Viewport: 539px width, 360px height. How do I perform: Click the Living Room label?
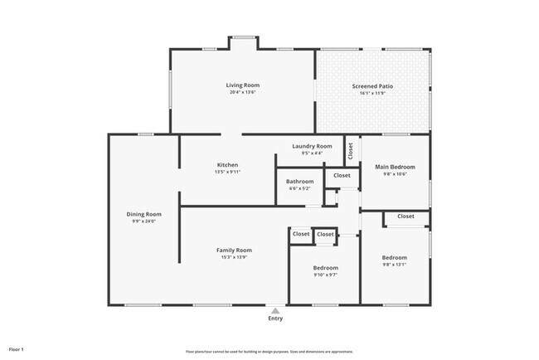pyautogui.click(x=243, y=85)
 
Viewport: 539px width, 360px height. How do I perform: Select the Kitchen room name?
pyautogui.click(x=228, y=164)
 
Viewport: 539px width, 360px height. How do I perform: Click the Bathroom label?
pyautogui.click(x=299, y=182)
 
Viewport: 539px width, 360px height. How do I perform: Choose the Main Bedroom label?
pyautogui.click(x=395, y=167)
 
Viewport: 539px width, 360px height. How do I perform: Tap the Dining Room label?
pyautogui.click(x=143, y=214)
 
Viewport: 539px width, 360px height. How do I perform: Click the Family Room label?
pyautogui.click(x=234, y=250)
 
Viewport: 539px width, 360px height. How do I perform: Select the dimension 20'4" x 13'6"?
pyautogui.click(x=243, y=93)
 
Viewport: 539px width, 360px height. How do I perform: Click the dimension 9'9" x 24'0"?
pyautogui.click(x=143, y=221)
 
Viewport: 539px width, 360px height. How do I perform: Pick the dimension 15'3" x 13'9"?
pyautogui.click(x=234, y=257)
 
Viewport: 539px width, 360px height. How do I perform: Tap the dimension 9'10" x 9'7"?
pyautogui.click(x=325, y=275)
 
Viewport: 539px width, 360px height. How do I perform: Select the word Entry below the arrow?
pyautogui.click(x=275, y=319)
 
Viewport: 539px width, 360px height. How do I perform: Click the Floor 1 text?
pyautogui.click(x=17, y=349)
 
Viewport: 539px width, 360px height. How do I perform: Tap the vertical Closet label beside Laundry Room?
pyautogui.click(x=351, y=151)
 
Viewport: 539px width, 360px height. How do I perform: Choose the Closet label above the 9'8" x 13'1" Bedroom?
pyautogui.click(x=405, y=216)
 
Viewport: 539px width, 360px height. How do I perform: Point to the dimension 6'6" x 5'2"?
pyautogui.click(x=299, y=189)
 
